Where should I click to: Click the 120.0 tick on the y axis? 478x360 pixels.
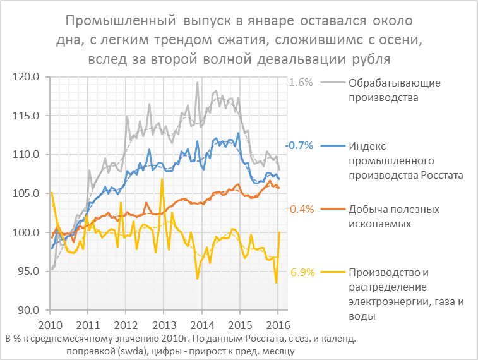tap(26, 77)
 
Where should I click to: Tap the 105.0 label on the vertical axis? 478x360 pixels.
tap(26, 194)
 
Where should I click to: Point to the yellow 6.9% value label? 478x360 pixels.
tap(301, 273)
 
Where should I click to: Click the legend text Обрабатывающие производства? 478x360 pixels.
tap(394, 90)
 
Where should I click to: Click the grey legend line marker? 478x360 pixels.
tap(332, 83)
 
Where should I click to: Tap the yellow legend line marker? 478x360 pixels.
tap(332, 273)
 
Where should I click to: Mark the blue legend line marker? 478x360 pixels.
tap(332, 146)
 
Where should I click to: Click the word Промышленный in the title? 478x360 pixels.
tap(121, 22)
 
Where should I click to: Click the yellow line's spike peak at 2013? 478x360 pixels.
tap(163, 179)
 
